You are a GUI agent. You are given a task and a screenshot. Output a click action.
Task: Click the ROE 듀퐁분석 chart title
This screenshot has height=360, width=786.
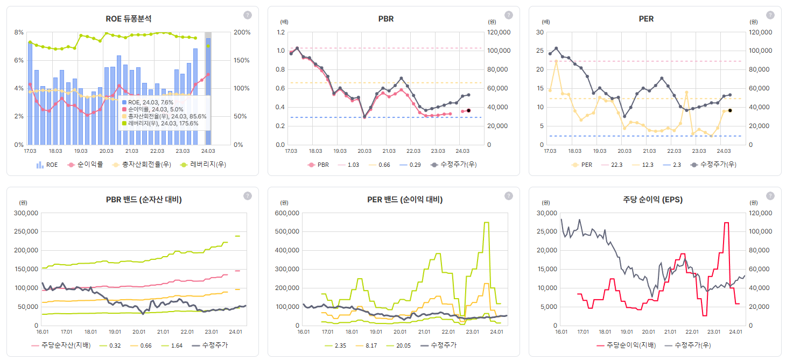pos(128,18)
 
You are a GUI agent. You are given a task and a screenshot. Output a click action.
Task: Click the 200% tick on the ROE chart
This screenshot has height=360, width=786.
pos(242,32)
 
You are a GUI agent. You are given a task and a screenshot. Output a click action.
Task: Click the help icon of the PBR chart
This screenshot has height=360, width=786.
pos(508,15)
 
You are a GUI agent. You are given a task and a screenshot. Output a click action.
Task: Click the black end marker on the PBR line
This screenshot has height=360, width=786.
pos(468,110)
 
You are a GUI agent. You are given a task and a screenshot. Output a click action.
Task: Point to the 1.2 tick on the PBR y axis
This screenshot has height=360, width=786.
pos(280,32)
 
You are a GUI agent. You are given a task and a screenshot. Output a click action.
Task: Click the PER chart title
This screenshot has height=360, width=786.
pos(646,18)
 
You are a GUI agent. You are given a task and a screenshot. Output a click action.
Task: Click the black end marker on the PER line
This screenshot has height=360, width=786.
pos(729,110)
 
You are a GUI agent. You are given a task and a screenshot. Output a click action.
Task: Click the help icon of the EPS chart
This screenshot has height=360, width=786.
pos(770,196)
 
